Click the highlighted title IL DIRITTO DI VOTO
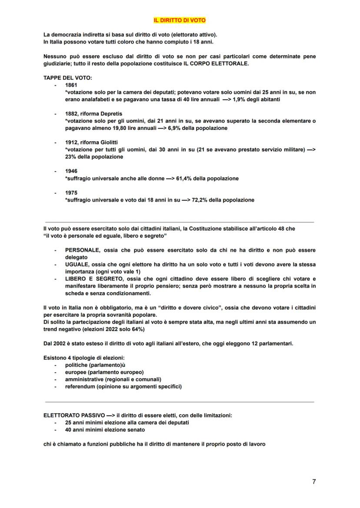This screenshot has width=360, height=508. tap(180, 20)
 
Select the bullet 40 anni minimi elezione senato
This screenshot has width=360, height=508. tap(105, 430)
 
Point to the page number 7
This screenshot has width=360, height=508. tap(314, 481)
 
